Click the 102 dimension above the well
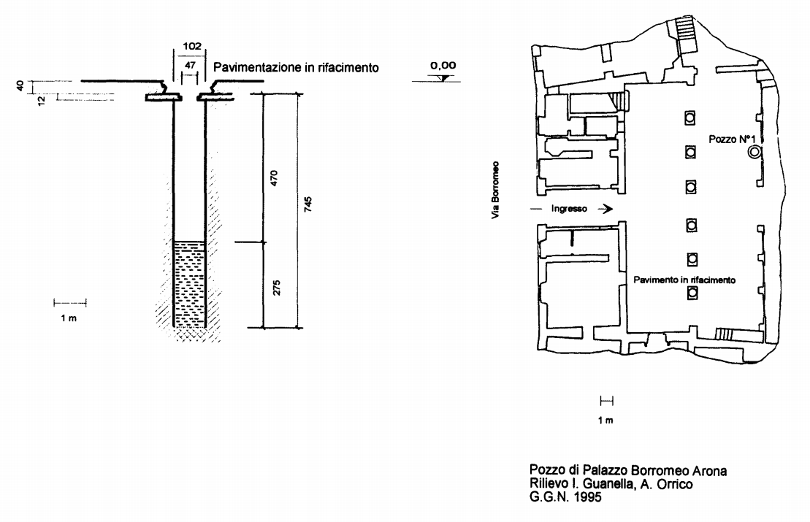(x=191, y=46)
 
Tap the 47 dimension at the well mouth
(x=190, y=65)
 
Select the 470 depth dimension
(x=275, y=177)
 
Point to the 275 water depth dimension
(x=276, y=288)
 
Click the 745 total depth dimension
(x=308, y=204)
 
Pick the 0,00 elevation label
(x=443, y=66)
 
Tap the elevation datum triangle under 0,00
(x=443, y=78)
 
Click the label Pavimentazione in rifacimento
(x=296, y=68)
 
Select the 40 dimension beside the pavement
(x=20, y=85)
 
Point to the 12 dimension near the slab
(x=42, y=99)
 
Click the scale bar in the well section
(x=69, y=303)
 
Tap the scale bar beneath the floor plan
(x=606, y=401)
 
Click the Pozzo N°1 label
(x=732, y=139)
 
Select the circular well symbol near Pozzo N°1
(x=754, y=152)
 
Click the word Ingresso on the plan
(x=569, y=209)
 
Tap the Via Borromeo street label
(x=495, y=190)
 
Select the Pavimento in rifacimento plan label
(x=684, y=280)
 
